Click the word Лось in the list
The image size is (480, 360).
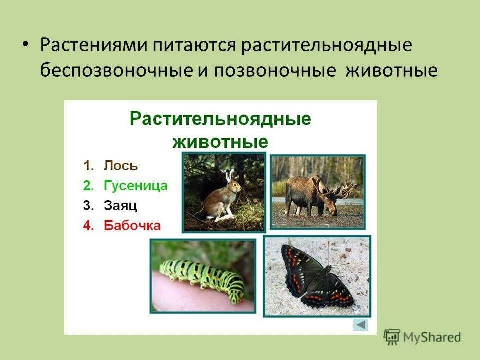(121, 166)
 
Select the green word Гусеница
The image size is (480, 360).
(136, 186)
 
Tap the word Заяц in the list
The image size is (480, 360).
(120, 205)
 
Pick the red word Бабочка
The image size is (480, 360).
(132, 225)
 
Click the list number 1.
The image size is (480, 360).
(89, 166)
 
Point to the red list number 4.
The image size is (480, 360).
(89, 225)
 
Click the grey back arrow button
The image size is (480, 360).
(360, 325)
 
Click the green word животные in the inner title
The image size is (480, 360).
(220, 141)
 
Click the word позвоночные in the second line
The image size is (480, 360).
(275, 70)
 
